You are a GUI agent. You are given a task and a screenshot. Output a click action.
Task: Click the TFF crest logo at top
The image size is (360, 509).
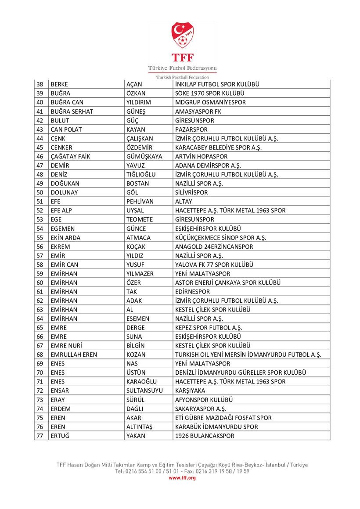(x=183, y=36)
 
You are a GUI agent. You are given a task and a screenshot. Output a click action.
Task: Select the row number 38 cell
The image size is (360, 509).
(x=40, y=84)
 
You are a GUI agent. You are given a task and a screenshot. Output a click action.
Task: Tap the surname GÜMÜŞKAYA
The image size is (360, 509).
(x=144, y=156)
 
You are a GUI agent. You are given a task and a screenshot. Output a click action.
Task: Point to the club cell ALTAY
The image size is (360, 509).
(x=184, y=201)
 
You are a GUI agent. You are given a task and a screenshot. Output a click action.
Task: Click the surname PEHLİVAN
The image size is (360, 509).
(x=140, y=201)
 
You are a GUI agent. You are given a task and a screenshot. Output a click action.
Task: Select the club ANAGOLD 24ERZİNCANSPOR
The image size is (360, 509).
(x=214, y=247)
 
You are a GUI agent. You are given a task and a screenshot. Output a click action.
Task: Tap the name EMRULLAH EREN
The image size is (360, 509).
(x=74, y=355)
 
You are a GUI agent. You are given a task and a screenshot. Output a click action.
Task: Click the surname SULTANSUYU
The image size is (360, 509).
(x=144, y=391)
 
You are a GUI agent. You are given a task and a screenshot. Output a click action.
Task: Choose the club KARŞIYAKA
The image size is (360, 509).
(x=190, y=391)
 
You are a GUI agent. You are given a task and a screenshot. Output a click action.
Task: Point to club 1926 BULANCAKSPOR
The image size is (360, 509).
(x=205, y=436)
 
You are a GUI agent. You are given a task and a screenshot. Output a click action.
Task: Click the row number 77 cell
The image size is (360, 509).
(x=40, y=436)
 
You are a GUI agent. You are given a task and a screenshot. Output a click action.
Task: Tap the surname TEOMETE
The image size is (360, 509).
(x=140, y=219)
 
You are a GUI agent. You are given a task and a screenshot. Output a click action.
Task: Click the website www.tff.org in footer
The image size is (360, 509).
(x=182, y=478)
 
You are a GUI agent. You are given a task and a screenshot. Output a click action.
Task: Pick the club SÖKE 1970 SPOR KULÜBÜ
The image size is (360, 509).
(x=209, y=93)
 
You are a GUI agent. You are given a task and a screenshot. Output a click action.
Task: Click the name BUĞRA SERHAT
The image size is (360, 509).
(x=72, y=111)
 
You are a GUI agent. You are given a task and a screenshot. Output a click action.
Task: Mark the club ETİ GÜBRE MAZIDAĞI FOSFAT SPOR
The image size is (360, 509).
(x=223, y=418)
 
